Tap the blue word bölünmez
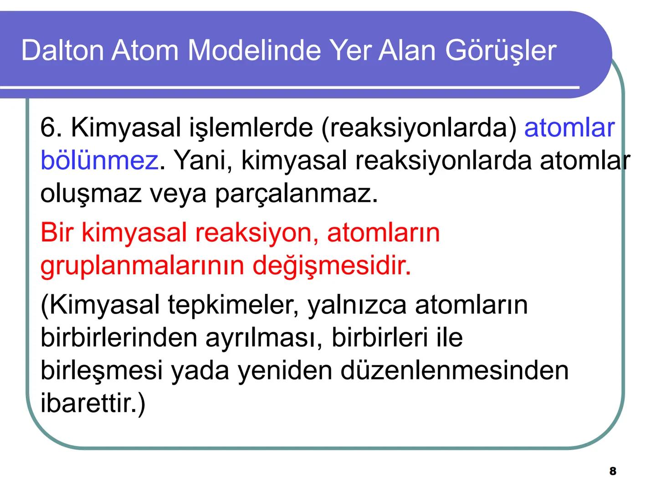point(99,160)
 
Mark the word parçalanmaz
point(296,193)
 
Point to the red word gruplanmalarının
point(142,265)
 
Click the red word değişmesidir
point(332,265)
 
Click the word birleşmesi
point(101,370)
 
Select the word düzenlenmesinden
point(455,370)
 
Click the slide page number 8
point(613,471)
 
